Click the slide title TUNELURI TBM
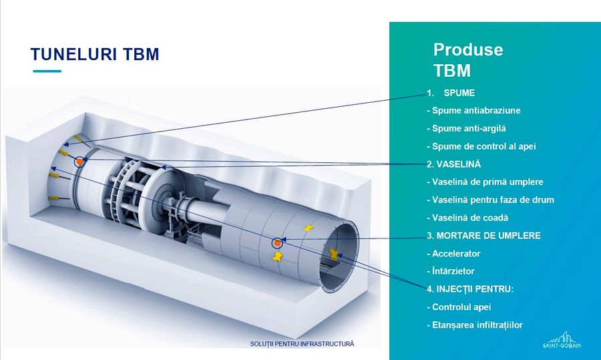point(95,55)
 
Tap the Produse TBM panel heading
point(468,60)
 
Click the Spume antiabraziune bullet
point(473,110)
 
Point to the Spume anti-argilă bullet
point(466,128)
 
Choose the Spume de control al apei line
point(481,146)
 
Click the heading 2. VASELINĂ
point(454,164)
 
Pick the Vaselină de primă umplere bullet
point(485,182)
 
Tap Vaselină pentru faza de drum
point(491,200)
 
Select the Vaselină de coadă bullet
point(467,218)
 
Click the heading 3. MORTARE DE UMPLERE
point(483,235)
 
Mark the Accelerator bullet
point(453,253)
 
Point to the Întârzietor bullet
point(451,271)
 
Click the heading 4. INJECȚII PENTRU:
point(470,289)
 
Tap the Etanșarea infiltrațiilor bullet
point(475,325)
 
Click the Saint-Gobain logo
point(562,340)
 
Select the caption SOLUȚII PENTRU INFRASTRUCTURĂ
point(302,344)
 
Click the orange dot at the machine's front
point(79,162)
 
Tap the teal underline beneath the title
point(47,71)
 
